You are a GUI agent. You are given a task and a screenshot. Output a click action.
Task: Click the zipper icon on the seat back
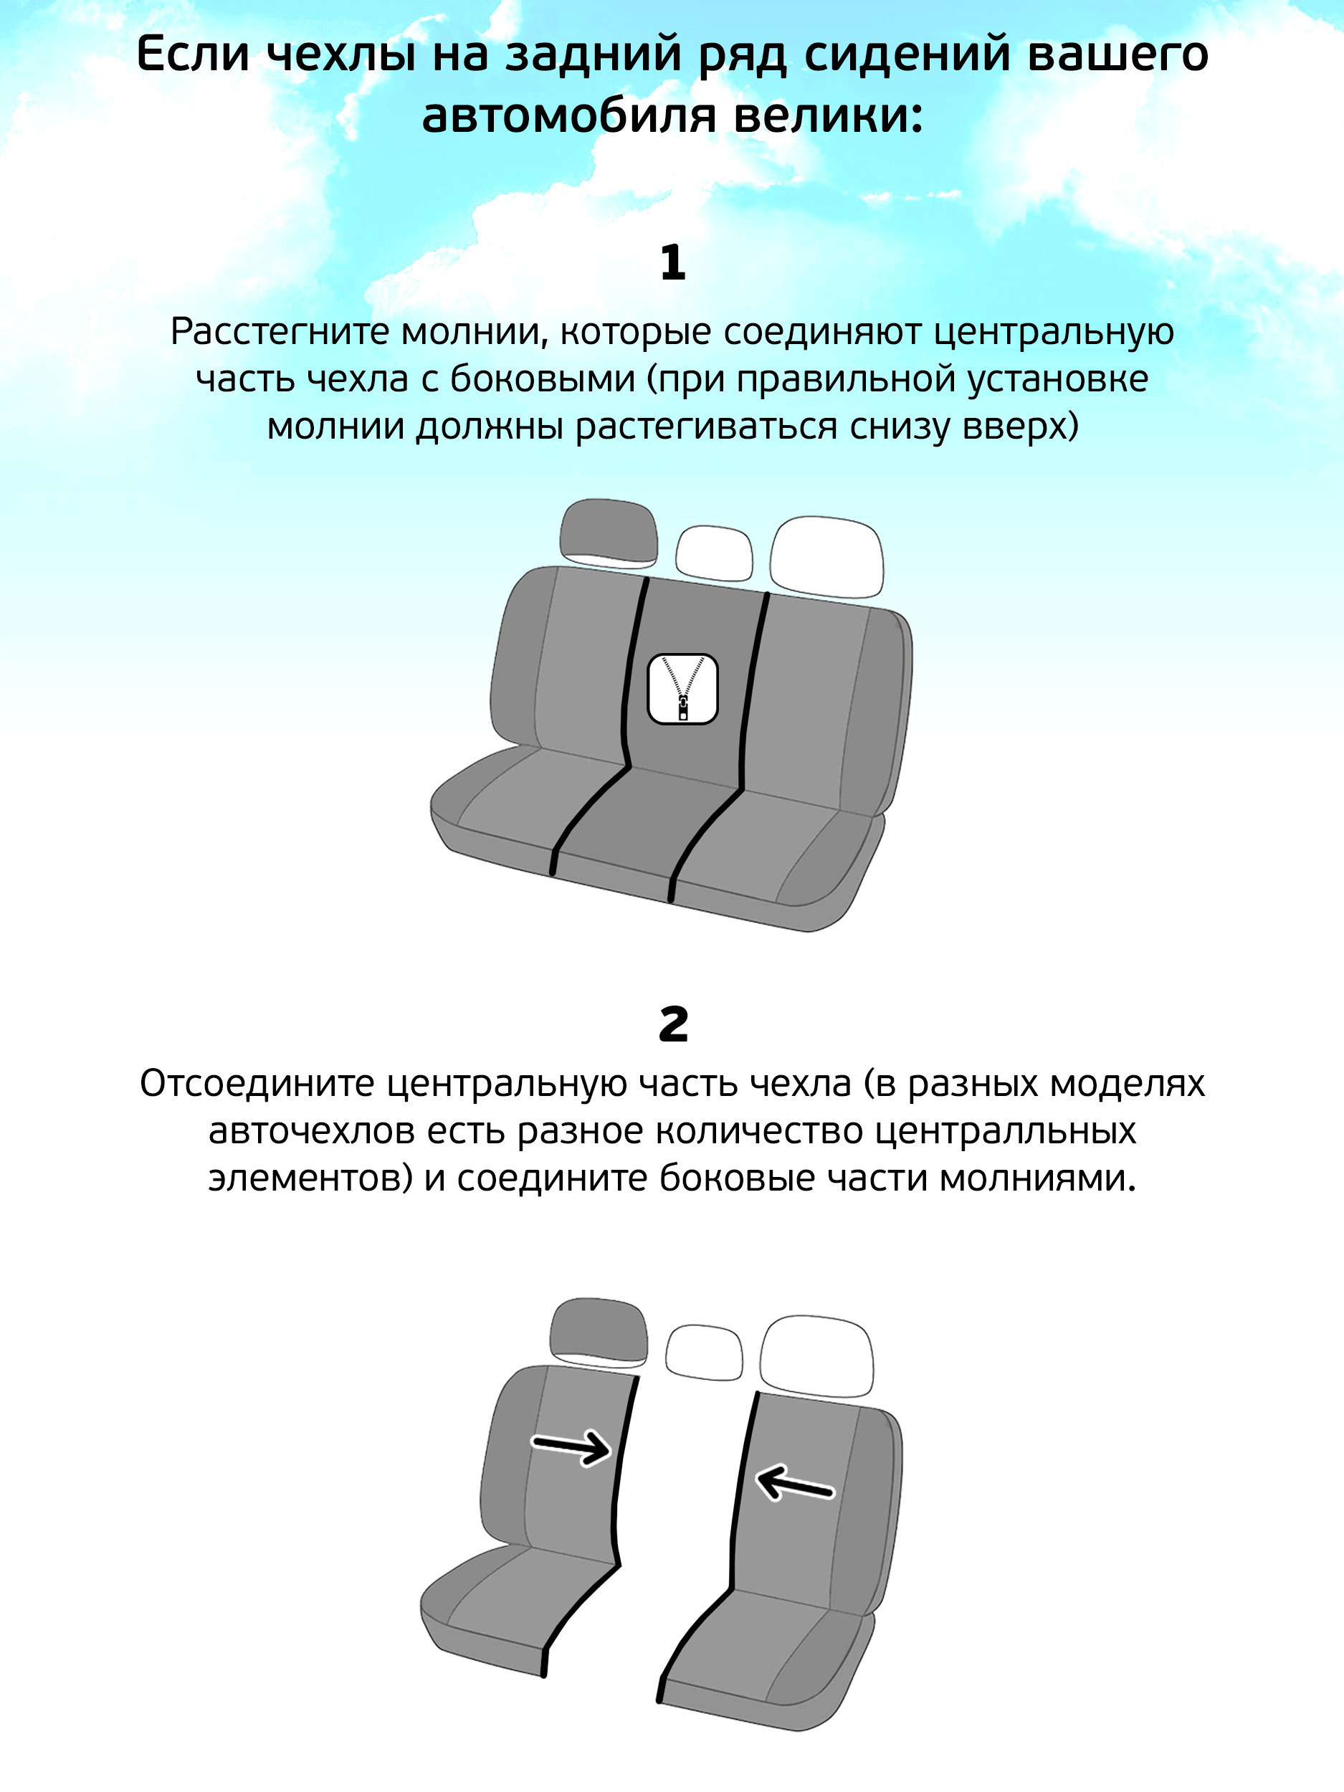pyautogui.click(x=683, y=689)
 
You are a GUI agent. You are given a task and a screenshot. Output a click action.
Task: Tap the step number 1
pyautogui.click(x=673, y=262)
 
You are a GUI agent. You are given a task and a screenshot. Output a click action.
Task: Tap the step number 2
pyautogui.click(x=673, y=1025)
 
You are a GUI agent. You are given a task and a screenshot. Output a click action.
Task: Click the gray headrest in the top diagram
pyautogui.click(x=608, y=533)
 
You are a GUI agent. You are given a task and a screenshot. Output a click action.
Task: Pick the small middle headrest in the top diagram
pyautogui.click(x=714, y=553)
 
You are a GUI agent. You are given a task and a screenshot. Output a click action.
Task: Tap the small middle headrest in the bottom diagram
pyautogui.click(x=704, y=1353)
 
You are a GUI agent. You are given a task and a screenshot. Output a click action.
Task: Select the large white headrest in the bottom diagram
pyautogui.click(x=816, y=1357)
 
